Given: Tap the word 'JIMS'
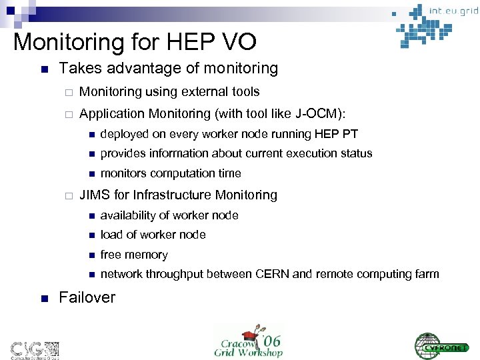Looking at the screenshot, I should click(94, 195).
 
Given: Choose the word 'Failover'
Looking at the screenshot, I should click(87, 297).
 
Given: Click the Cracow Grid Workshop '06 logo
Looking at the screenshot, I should click(248, 339).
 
